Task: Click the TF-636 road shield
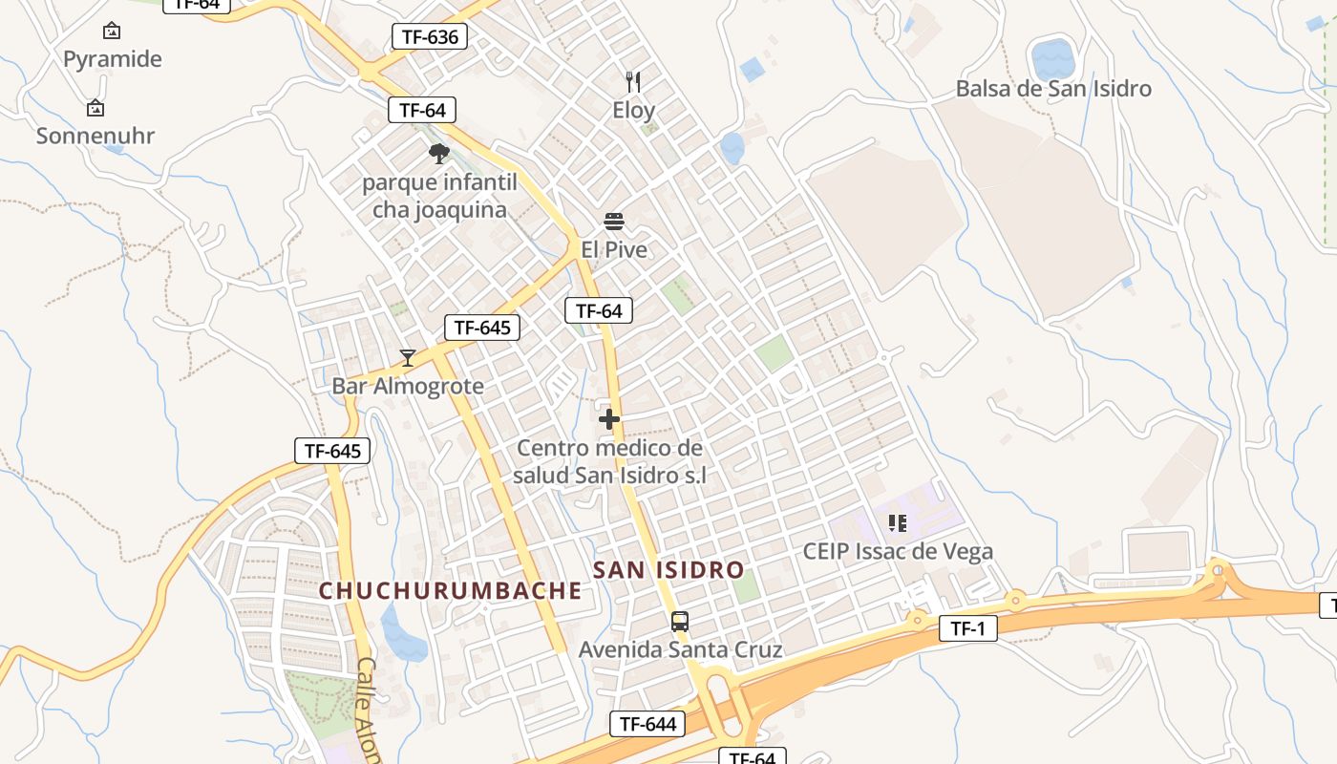431,37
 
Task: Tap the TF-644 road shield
648,724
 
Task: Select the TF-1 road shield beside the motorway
968,627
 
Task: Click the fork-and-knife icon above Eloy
633,82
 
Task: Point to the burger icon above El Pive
614,223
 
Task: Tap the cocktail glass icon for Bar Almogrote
408,358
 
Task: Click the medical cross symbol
609,419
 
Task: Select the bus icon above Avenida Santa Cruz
680,622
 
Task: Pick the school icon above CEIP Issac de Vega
897,523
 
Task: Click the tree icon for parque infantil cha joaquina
438,154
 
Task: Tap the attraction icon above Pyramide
112,31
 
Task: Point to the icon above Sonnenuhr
95,108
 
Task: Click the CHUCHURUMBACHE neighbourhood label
450,591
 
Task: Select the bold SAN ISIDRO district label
668,570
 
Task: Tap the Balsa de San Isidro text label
1053,89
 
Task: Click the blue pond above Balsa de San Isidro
1053,59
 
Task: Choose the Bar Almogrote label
408,387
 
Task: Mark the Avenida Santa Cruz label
680,650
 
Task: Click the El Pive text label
614,250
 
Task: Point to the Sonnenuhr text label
95,136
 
